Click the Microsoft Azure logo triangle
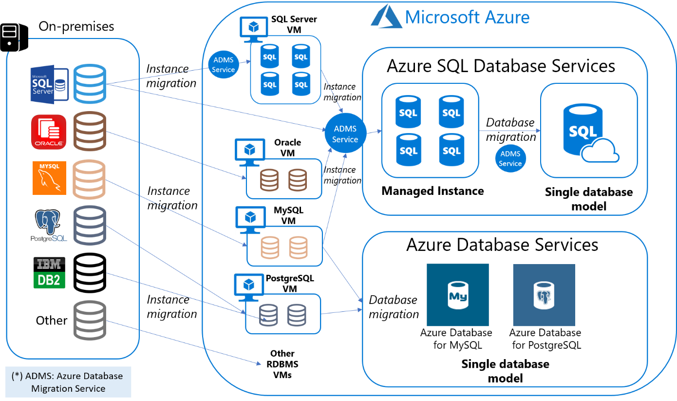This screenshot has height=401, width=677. click(x=385, y=17)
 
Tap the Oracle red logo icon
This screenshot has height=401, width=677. click(x=48, y=132)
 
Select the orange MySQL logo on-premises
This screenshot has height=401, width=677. click(x=49, y=178)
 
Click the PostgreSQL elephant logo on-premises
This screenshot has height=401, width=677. click(x=48, y=226)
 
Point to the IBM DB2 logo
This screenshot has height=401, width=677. click(x=49, y=272)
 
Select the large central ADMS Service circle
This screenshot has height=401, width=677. click(x=345, y=134)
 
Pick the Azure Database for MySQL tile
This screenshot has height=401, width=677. click(x=457, y=295)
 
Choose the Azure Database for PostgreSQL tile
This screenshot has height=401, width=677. click(x=544, y=295)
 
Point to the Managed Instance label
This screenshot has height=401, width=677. click(x=433, y=191)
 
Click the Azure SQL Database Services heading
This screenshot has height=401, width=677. click(x=501, y=66)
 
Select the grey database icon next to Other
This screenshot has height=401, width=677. click(x=90, y=320)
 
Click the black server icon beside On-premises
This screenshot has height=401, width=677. click(x=14, y=37)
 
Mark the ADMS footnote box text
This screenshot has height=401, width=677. click(x=68, y=382)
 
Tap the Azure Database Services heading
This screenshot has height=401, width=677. click(x=502, y=244)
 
